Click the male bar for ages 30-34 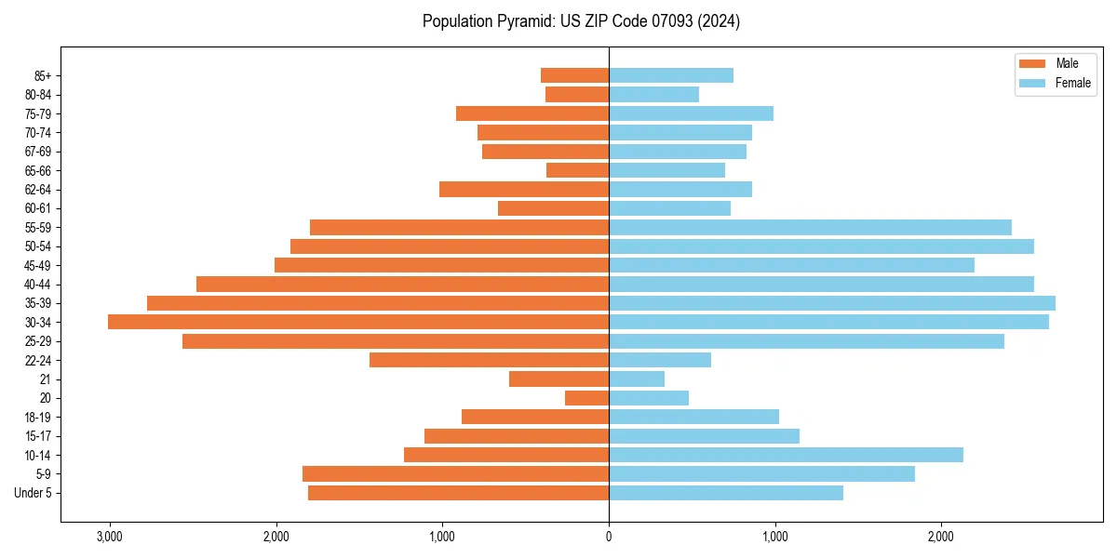tap(358, 322)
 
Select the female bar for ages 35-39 tap(832, 303)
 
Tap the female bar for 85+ tap(671, 75)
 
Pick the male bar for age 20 tap(587, 398)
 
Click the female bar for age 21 tap(637, 379)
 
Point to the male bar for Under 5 tap(458, 493)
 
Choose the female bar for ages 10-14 tap(786, 455)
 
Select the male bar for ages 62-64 tap(524, 189)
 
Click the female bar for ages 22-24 tap(660, 360)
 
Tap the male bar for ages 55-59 tap(459, 227)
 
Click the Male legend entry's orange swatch tap(1033, 63)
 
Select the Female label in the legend tap(1072, 83)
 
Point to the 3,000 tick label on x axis tap(110, 536)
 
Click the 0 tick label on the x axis tap(609, 536)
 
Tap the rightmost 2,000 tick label tap(941, 536)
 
